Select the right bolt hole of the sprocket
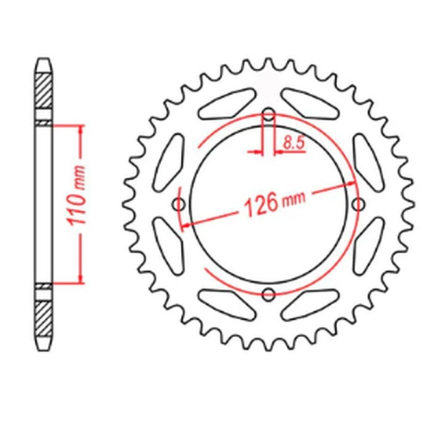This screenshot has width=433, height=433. [358, 204]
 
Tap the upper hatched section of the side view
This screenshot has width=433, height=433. [44, 89]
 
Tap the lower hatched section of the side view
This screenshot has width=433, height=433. [44, 319]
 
